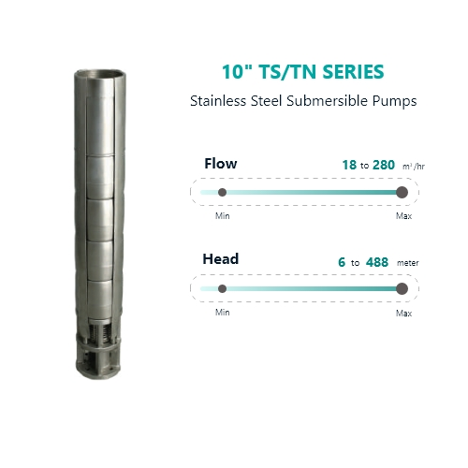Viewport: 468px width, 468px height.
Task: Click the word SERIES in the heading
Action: pos(353,72)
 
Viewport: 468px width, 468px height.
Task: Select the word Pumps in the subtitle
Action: pos(394,102)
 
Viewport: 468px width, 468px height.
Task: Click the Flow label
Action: pos(221,164)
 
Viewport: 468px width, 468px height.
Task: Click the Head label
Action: pos(221,259)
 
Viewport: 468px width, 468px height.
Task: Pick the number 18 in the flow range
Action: pos(349,165)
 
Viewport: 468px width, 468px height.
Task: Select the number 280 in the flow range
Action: pos(384,165)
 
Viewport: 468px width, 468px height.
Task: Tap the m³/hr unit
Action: pos(414,167)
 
